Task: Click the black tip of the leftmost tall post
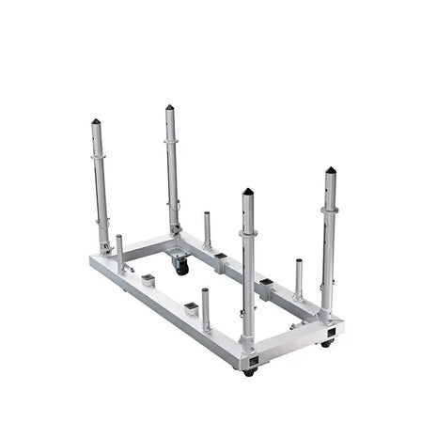tap(96, 121)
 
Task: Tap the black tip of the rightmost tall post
tap(330, 171)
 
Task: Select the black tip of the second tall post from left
tap(169, 108)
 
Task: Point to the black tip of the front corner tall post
tap(248, 191)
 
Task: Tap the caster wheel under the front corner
tap(249, 371)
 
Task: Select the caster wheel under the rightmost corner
tap(326, 344)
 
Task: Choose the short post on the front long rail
tap(206, 309)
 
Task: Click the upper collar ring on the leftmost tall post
tap(98, 155)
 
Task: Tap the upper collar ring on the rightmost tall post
tap(329, 210)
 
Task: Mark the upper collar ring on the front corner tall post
tap(247, 233)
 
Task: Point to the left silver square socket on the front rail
tap(148, 279)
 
